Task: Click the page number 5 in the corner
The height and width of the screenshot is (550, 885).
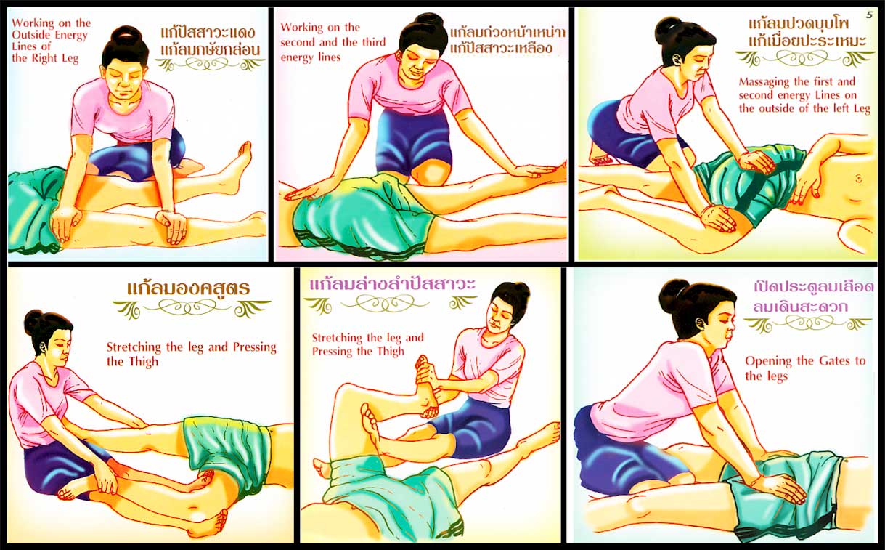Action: [869, 15]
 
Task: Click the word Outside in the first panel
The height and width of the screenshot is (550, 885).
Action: [32, 35]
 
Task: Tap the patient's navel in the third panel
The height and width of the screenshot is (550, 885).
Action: [859, 179]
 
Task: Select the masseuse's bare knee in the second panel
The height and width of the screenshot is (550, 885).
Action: [429, 174]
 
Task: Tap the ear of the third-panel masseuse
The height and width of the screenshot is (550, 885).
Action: [676, 60]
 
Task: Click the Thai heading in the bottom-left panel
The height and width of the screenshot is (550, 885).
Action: [189, 288]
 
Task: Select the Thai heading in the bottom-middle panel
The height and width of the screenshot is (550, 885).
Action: [392, 285]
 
